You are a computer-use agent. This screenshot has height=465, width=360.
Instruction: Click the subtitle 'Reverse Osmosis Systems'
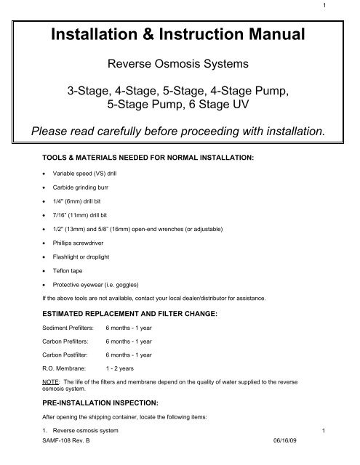180,65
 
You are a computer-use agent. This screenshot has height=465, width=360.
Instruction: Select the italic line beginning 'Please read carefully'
180,131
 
